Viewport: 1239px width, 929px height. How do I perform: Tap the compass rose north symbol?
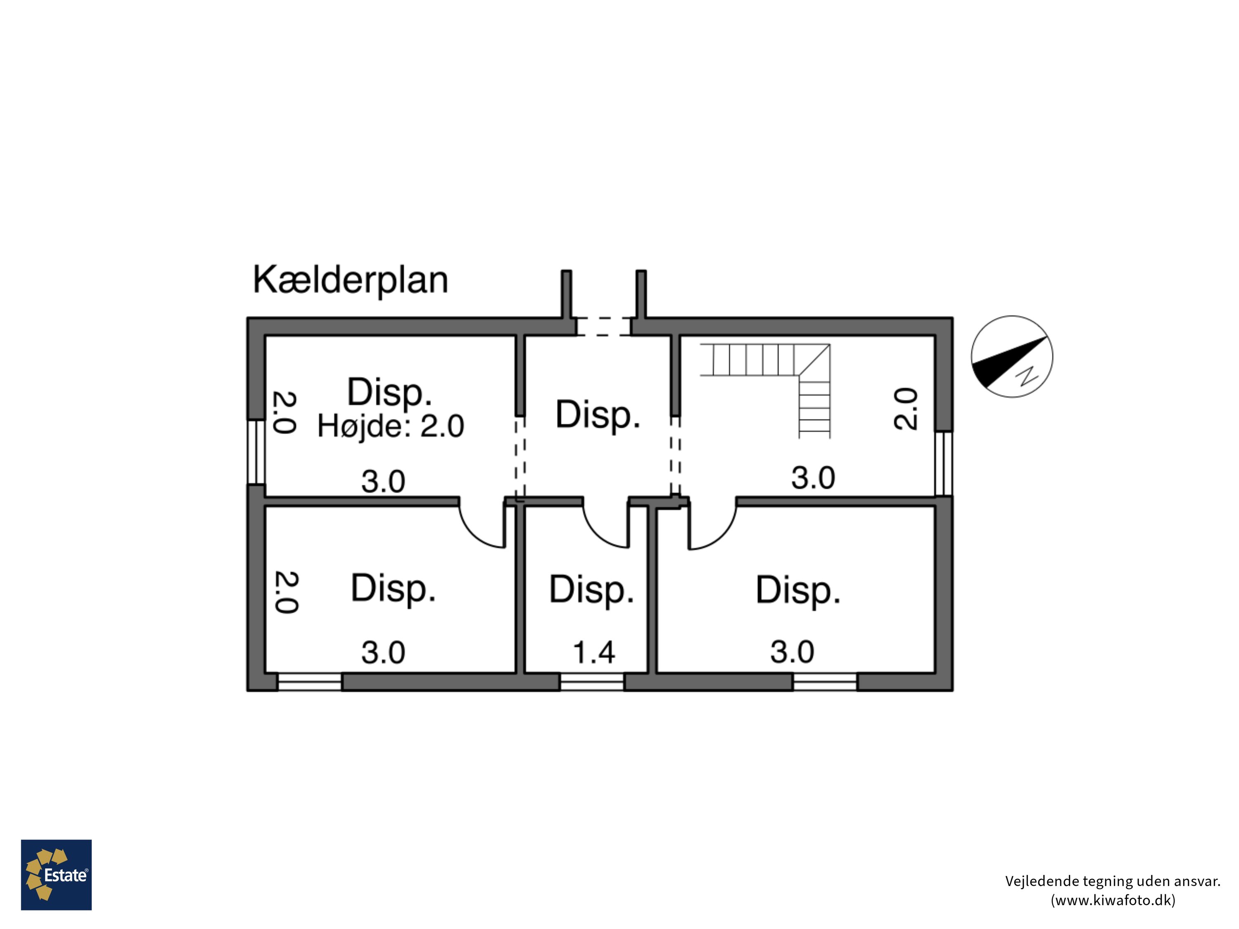(1011, 357)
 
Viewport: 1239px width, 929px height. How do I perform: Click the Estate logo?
(56, 874)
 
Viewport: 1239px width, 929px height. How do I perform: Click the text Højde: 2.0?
(390, 426)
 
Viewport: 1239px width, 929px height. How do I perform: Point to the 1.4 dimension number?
(594, 652)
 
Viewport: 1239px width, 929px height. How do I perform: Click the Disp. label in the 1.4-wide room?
(591, 590)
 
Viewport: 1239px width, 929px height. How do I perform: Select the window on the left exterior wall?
(256, 452)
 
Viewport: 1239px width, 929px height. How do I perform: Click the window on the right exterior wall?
(944, 463)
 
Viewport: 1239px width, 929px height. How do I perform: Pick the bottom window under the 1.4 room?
(592, 682)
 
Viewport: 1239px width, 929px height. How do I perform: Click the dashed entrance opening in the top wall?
(604, 327)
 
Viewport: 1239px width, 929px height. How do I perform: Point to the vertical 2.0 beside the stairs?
(905, 409)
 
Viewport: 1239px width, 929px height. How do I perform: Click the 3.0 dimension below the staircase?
(813, 478)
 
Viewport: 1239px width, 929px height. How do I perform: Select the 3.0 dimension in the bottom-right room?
(792, 652)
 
